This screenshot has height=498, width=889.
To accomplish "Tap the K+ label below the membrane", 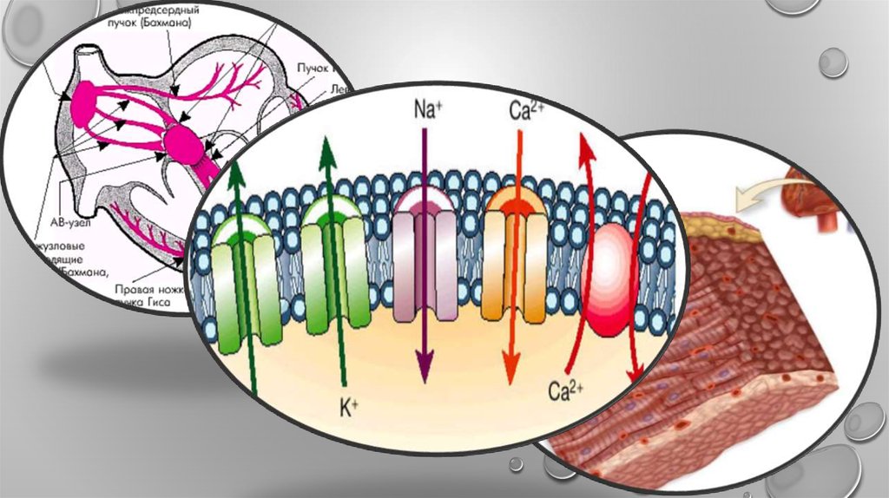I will point(349,406).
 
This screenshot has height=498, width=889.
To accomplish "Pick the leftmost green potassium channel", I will point(236,278).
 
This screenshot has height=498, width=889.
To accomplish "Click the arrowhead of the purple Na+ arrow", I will point(424,369).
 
